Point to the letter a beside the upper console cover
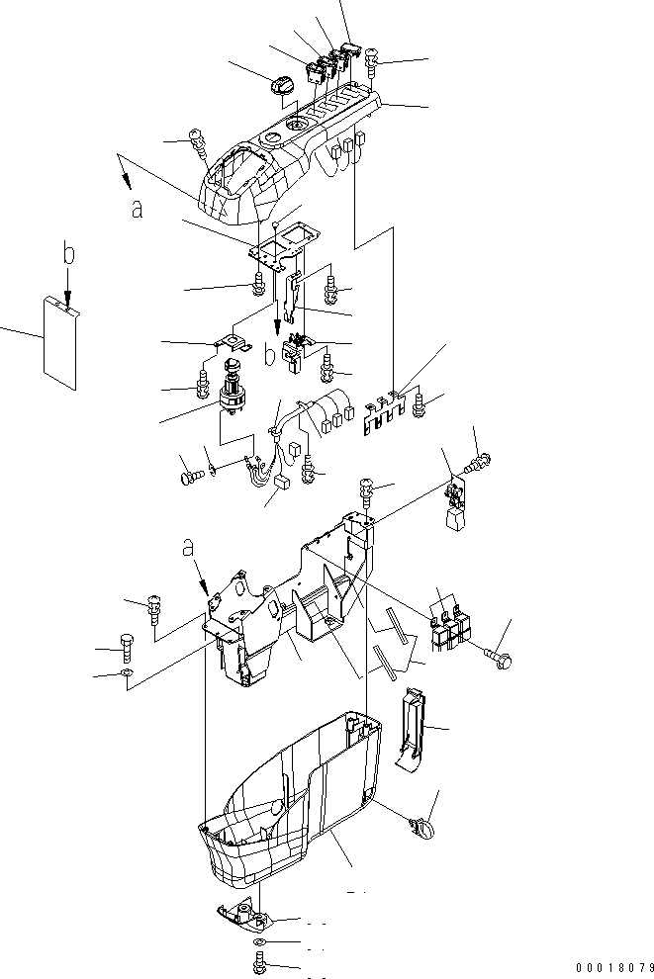point(137,211)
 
